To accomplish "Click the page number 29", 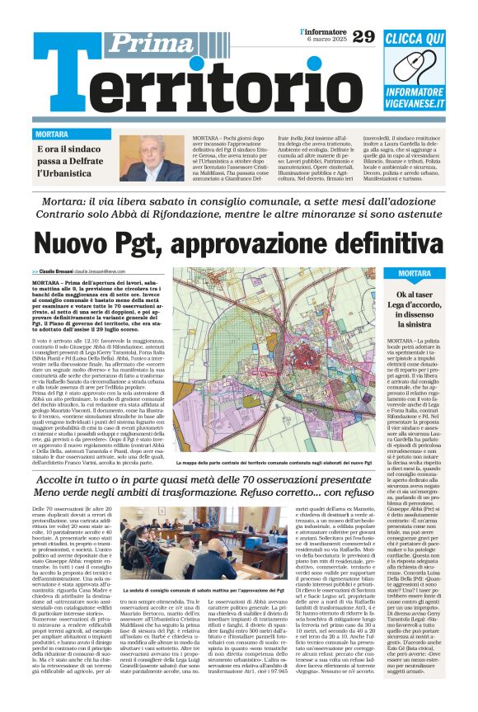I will coord(363,36).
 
